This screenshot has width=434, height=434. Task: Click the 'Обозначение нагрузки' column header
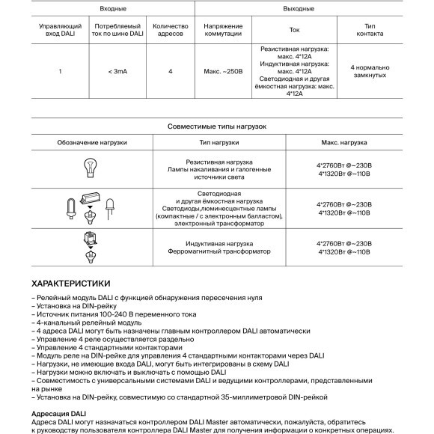pyautogui.click(x=92, y=142)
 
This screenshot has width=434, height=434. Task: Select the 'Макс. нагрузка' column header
pyautogui.click(x=343, y=142)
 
